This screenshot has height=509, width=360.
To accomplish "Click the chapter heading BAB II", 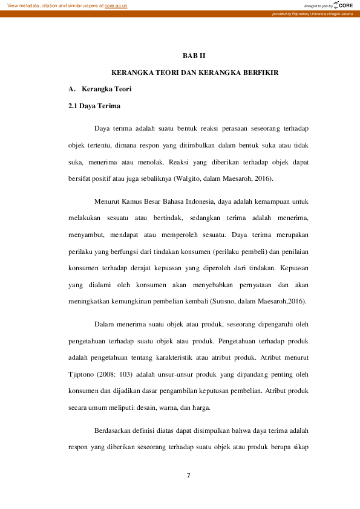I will (194, 56).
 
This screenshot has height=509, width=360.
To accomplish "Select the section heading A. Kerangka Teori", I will (100, 89).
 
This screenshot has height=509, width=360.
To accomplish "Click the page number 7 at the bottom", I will (189, 476).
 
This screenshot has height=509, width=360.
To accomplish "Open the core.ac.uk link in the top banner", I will (116, 5).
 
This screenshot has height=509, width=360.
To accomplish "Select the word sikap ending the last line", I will (303, 448).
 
